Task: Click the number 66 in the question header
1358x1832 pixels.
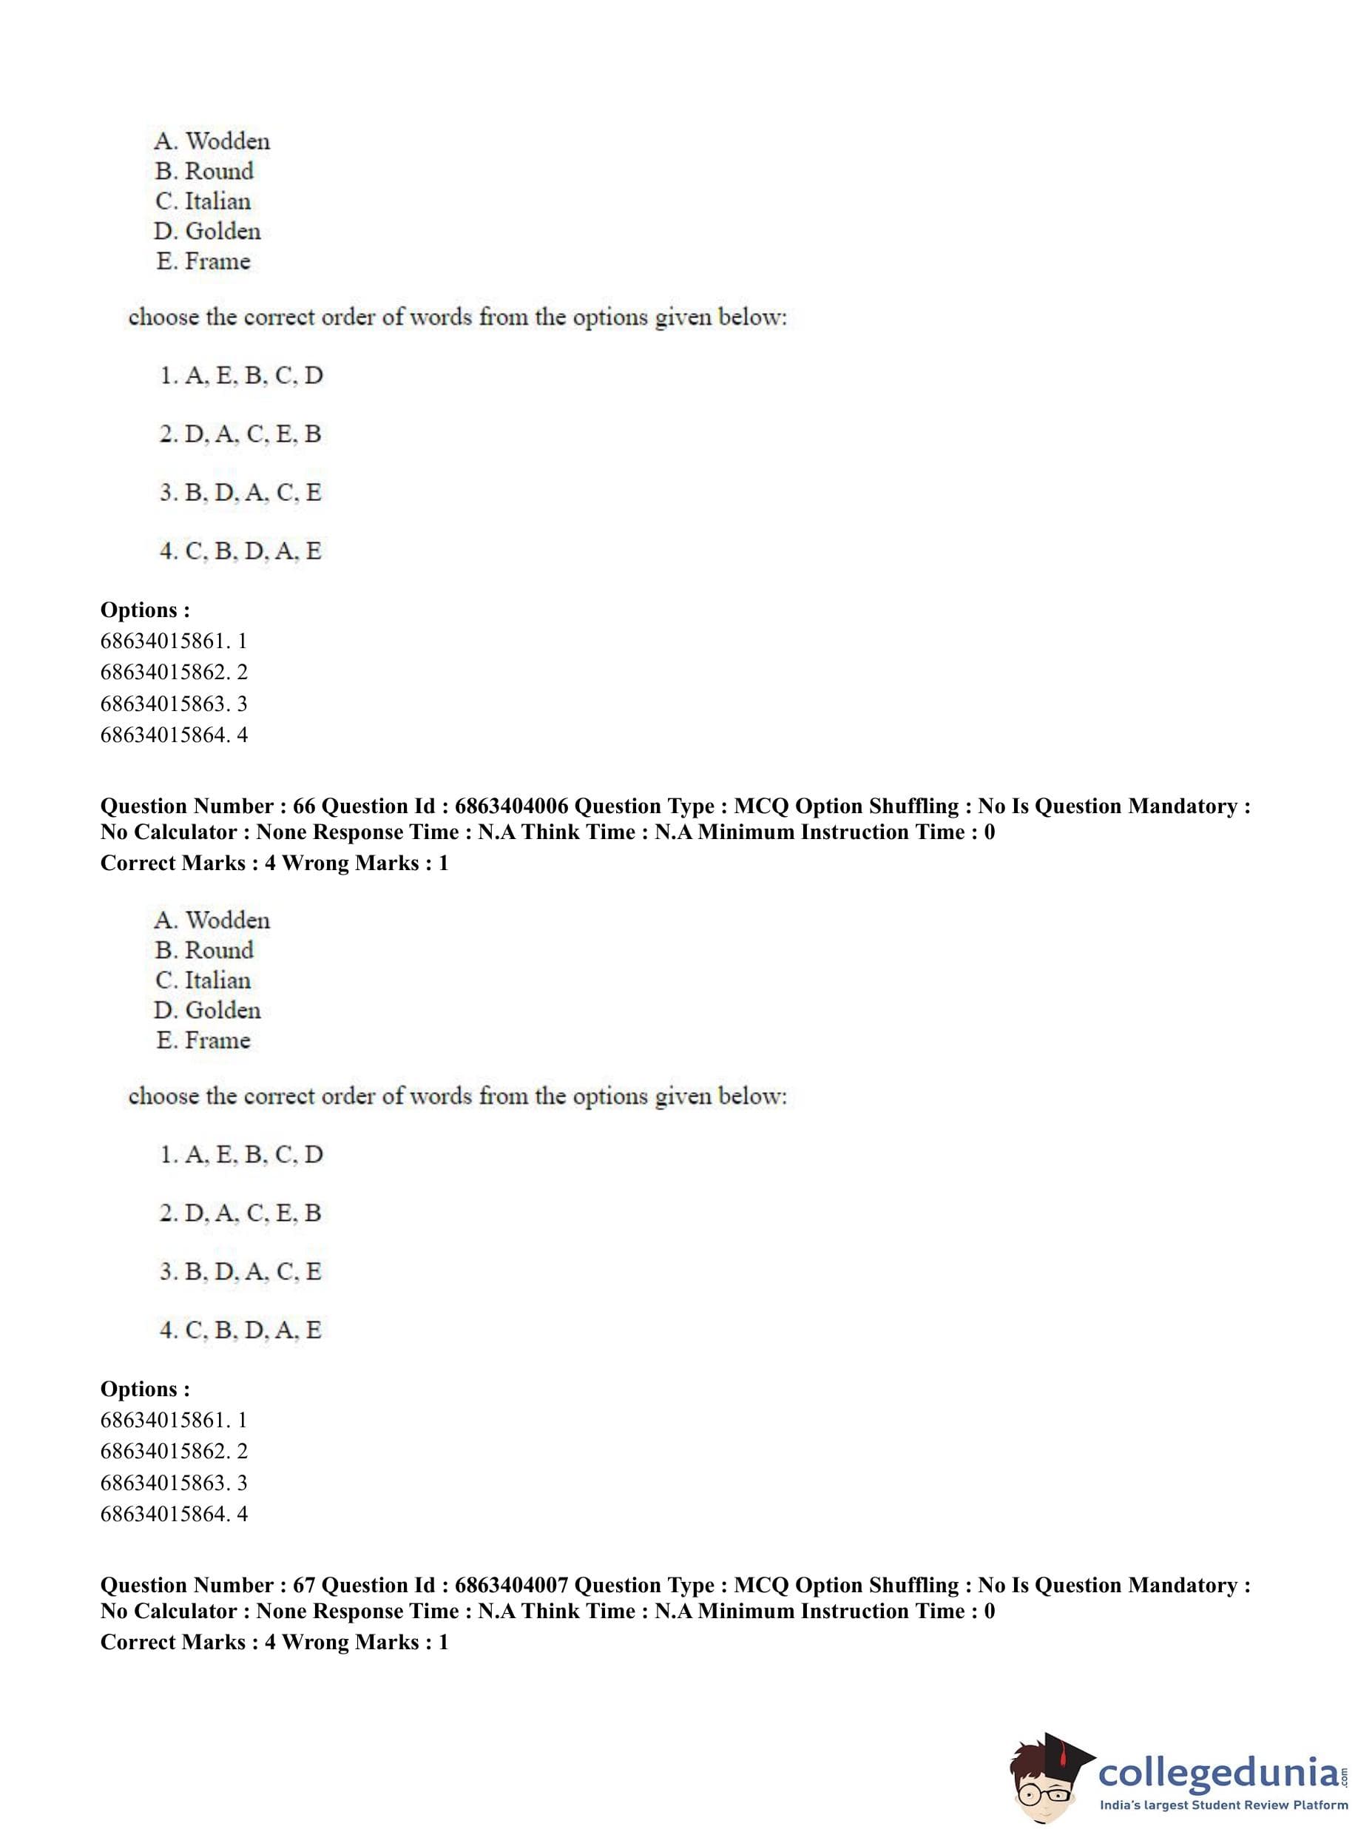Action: pos(304,806)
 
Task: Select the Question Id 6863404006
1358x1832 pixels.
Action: pos(511,806)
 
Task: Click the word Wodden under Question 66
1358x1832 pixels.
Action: pos(228,920)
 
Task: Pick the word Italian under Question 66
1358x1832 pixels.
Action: pos(218,980)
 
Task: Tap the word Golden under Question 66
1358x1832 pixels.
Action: pos(223,1010)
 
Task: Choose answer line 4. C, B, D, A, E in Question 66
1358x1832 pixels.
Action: pos(240,1330)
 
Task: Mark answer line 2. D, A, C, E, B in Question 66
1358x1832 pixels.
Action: pos(240,1213)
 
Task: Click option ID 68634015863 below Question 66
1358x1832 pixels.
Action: pos(163,1483)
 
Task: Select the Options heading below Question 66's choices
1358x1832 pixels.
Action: pos(145,1389)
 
